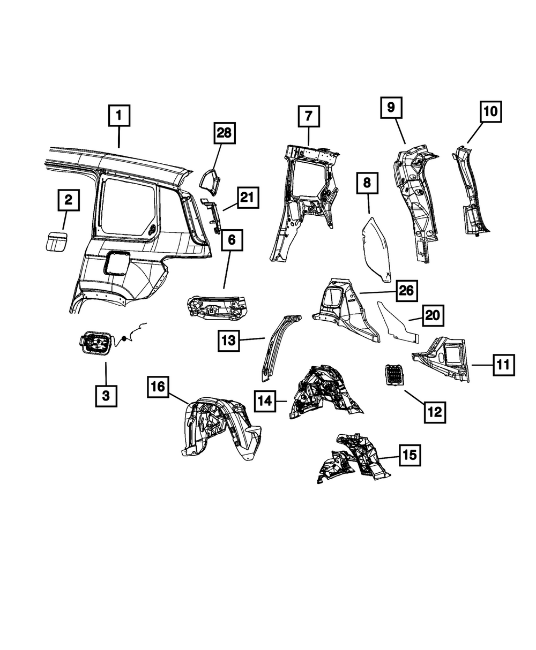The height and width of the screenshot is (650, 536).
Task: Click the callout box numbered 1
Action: pyautogui.click(x=119, y=116)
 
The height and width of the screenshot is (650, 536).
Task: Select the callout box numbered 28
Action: pyautogui.click(x=225, y=133)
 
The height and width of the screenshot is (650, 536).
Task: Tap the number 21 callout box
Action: pyautogui.click(x=248, y=198)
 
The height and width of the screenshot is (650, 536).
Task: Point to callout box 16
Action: pyautogui.click(x=158, y=387)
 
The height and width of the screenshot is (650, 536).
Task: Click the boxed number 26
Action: pyautogui.click(x=407, y=291)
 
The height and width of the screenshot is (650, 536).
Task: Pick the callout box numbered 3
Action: pyautogui.click(x=106, y=396)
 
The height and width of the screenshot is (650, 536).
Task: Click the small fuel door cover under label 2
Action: pyautogui.click(x=56, y=241)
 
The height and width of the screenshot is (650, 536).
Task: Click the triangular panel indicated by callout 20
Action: pyautogui.click(x=397, y=324)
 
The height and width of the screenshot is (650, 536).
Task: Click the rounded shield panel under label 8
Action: pyautogui.click(x=376, y=250)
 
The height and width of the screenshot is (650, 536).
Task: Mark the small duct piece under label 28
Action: pyautogui.click(x=210, y=182)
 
